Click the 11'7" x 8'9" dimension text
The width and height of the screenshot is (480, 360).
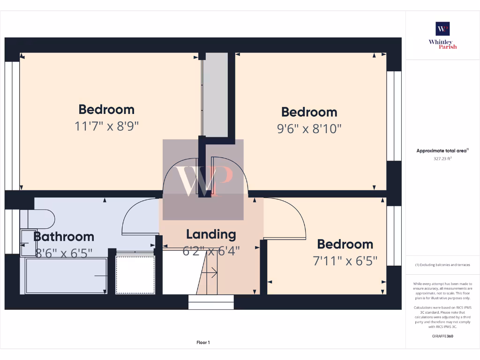pos(106,126)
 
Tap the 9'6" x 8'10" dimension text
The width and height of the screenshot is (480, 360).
pos(309,128)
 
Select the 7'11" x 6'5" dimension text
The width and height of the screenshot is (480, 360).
pos(345,261)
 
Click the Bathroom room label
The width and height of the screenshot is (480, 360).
pos(64,237)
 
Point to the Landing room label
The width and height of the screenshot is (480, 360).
pos(211,234)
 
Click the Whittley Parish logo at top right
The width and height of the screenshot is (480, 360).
pos(442,35)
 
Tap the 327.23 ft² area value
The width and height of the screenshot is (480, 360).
pos(442,158)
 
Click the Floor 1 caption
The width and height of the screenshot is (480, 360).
pos(203,343)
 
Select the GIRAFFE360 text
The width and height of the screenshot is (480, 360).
pos(442,336)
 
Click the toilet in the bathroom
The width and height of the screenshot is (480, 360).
pos(40,218)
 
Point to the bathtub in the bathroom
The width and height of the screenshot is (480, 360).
pos(66,277)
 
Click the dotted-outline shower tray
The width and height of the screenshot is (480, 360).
pos(135,275)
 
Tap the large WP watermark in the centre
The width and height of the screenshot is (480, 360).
pos(203,180)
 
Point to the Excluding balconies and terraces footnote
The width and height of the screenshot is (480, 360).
pos(442,265)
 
